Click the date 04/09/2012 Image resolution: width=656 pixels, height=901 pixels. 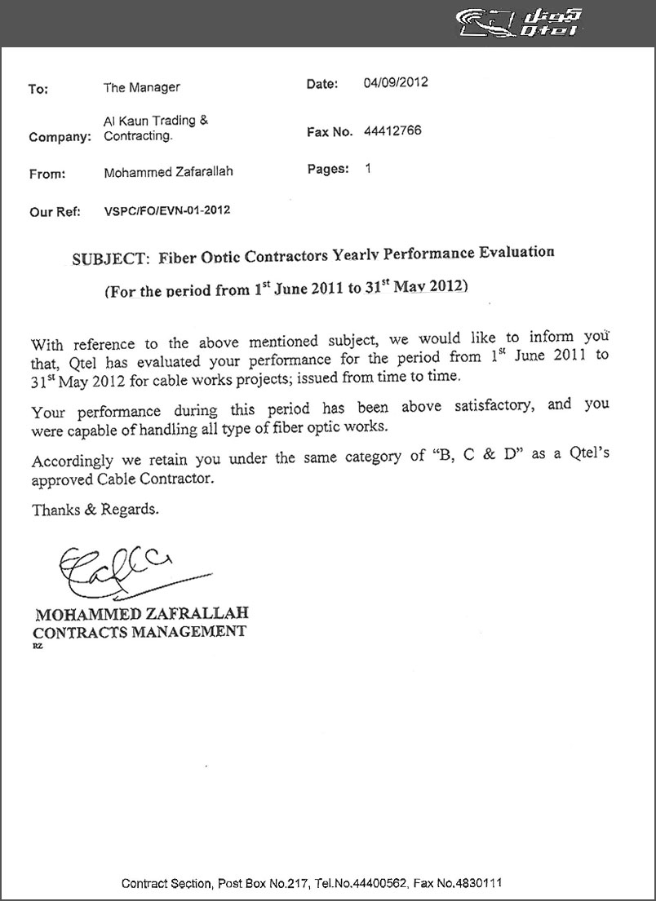pyautogui.click(x=396, y=82)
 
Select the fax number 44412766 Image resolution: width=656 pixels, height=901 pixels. pyautogui.click(x=392, y=130)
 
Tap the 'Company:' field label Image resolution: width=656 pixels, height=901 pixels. pyautogui.click(x=60, y=137)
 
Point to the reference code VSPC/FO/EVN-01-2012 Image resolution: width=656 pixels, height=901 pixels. pyautogui.click(x=167, y=210)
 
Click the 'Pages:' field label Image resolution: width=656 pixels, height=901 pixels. pyautogui.click(x=328, y=169)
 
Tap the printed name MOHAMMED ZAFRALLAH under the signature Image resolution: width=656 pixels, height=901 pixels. pyautogui.click(x=141, y=613)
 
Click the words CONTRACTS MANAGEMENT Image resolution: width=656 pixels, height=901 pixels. pyautogui.click(x=139, y=631)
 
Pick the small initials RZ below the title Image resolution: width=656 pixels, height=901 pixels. pyautogui.click(x=38, y=646)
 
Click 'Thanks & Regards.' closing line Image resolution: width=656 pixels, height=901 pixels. pyautogui.click(x=95, y=510)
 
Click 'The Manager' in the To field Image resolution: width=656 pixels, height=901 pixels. pyautogui.click(x=142, y=87)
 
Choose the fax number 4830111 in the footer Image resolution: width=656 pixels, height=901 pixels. pyautogui.click(x=481, y=883)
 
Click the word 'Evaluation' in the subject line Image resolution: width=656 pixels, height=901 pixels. pyautogui.click(x=509, y=252)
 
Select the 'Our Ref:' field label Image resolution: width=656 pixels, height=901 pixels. pyautogui.click(x=55, y=212)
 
